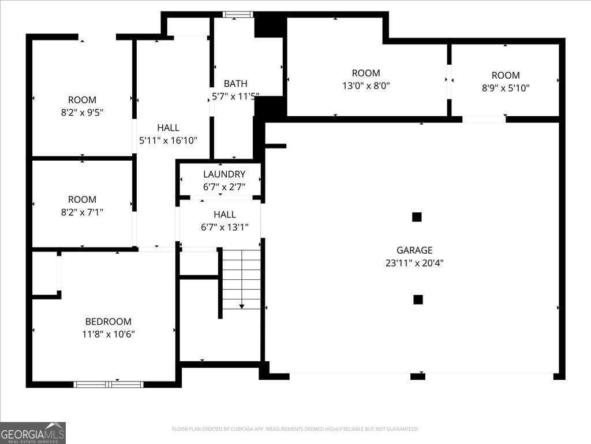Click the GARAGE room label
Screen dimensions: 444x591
[x=414, y=250]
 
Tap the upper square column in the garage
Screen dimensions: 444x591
[x=417, y=217]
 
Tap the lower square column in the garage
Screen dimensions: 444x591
[x=418, y=299]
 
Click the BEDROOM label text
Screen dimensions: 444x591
[x=109, y=321]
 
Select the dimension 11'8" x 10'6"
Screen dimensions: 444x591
[x=109, y=334]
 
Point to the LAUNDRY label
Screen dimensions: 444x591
[x=224, y=174]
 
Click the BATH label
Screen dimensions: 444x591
[x=235, y=84]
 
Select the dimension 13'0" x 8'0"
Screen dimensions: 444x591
[x=366, y=86]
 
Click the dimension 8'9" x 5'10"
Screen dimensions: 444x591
[x=506, y=88]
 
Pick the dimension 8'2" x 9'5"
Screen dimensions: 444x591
[x=82, y=113]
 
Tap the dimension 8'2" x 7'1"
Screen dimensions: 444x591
[x=82, y=212]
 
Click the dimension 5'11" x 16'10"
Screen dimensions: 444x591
[x=168, y=140]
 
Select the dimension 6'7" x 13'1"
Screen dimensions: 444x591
[x=225, y=227]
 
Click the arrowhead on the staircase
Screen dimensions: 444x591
[x=242, y=306]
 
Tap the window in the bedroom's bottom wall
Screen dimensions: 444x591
[x=109, y=384]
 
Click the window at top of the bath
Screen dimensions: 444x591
[x=238, y=14]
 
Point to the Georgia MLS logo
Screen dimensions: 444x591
[x=33, y=433]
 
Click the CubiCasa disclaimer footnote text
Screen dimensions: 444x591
[x=295, y=429]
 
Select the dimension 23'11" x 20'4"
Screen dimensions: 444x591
[x=414, y=263]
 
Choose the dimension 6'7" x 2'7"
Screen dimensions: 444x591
[x=224, y=187]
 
